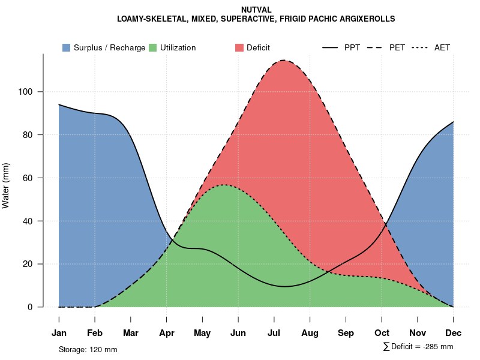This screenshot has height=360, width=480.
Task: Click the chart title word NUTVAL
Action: pyautogui.click(x=256, y=10)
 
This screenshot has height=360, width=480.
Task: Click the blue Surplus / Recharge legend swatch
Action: pyautogui.click(x=66, y=47)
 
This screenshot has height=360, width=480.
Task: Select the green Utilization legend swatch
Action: pyautogui.click(x=152, y=47)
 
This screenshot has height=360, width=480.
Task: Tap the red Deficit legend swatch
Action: pyautogui.click(x=239, y=47)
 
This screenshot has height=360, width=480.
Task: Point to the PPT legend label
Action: pyautogui.click(x=352, y=47)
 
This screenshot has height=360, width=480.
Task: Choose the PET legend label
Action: pyautogui.click(x=397, y=47)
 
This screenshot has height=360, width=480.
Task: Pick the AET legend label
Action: pyautogui.click(x=442, y=47)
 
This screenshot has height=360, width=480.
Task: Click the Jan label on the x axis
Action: pyautogui.click(x=59, y=333)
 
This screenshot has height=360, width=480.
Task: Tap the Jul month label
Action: pyautogui.click(x=274, y=333)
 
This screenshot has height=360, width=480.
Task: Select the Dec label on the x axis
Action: pyautogui.click(x=453, y=333)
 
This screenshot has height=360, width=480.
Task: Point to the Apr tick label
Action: pyautogui.click(x=166, y=333)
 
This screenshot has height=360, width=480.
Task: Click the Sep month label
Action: pyautogui.click(x=346, y=333)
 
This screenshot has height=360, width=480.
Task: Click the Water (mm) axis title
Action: pyautogui.click(x=6, y=185)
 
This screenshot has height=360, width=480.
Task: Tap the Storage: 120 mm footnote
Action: pyautogui.click(x=88, y=349)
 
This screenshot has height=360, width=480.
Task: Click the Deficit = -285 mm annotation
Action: pyautogui.click(x=418, y=347)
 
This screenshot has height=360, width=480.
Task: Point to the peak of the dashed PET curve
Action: pyautogui.click(x=283, y=60)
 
